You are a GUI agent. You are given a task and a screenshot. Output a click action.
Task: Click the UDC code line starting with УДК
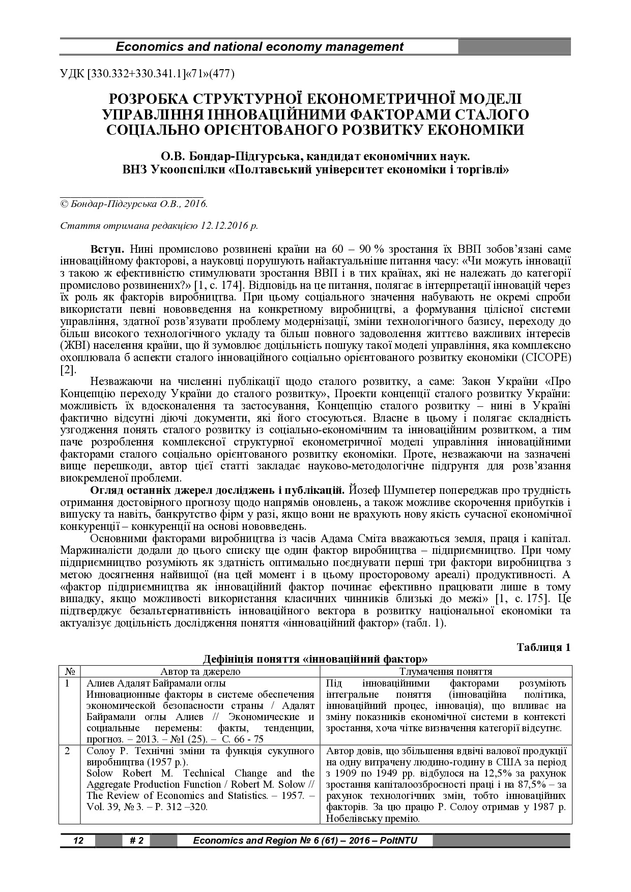(147, 74)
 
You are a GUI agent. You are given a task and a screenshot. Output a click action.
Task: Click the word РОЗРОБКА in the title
(147, 99)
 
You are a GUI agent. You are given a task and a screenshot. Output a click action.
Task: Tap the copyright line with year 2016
(134, 203)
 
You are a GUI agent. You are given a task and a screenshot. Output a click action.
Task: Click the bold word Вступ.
(107, 249)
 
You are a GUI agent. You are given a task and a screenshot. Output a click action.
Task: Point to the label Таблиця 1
(543, 647)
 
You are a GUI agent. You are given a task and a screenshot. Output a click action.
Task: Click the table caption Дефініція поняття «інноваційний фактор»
(315, 660)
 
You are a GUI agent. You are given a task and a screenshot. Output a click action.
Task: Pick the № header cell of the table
(69, 671)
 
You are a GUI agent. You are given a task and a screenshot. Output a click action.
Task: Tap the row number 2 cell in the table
(69, 751)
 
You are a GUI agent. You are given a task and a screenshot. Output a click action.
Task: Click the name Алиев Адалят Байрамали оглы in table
(156, 683)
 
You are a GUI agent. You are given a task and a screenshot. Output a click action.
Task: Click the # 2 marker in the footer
(136, 841)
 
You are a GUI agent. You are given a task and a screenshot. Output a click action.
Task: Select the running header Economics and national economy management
(260, 47)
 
